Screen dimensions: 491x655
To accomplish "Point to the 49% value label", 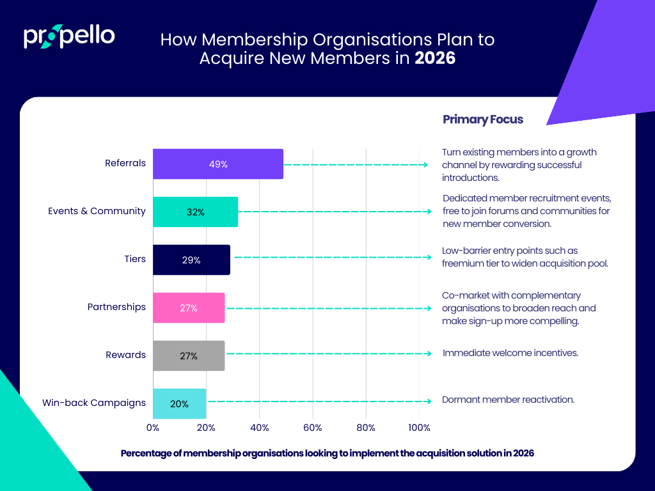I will click(x=218, y=164).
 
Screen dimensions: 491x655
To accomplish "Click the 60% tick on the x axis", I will click(x=313, y=427).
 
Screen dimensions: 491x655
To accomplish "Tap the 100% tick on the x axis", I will click(x=419, y=427).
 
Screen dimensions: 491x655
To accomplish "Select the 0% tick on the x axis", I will click(x=153, y=427).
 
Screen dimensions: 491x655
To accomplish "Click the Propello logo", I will click(x=69, y=36).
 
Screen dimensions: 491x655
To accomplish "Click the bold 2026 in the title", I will click(x=435, y=58).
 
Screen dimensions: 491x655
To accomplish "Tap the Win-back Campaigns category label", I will click(x=94, y=403).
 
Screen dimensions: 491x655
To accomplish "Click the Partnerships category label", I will click(x=116, y=307).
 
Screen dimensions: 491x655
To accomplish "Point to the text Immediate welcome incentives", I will click(x=510, y=352).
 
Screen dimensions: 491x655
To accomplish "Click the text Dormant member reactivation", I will click(x=508, y=400).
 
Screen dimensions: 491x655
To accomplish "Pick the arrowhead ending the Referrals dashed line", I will click(x=425, y=164).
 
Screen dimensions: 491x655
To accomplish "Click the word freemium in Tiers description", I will click(x=462, y=263).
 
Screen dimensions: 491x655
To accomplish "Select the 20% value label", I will click(x=179, y=404).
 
